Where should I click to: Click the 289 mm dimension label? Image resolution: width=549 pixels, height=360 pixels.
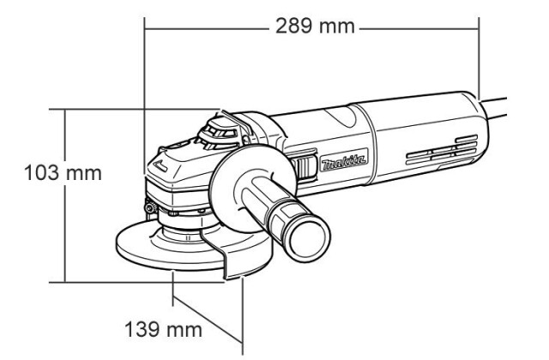tap(315, 27)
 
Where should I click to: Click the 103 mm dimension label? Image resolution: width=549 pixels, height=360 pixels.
tap(63, 173)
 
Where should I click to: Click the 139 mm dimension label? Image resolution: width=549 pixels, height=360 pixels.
tap(164, 329)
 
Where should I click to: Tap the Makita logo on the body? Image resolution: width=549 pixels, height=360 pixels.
tap(344, 161)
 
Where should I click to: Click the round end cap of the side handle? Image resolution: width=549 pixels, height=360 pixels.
tap(308, 238)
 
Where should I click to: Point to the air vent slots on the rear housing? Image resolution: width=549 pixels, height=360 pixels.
tap(442, 151)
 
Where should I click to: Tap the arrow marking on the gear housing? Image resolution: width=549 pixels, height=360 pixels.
tap(161, 165)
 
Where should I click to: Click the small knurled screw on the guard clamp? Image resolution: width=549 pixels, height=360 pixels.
tap(151, 207)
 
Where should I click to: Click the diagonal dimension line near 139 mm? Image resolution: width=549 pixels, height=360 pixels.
tap(208, 319)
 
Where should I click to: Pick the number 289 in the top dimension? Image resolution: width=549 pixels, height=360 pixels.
tap(293, 27)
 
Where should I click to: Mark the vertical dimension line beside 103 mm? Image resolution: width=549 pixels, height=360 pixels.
tap(65, 196)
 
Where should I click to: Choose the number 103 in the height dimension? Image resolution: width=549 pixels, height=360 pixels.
tap(41, 173)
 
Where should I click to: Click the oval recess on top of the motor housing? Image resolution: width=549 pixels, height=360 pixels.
tap(341, 117)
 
